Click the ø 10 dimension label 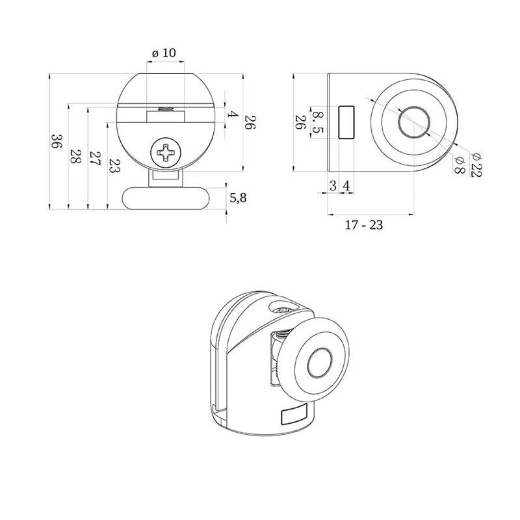pos(164,53)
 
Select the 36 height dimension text pos(57,142)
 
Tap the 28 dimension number pos(76,157)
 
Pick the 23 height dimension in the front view pos(115,166)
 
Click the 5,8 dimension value pos(238,198)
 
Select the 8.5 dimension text pos(318,122)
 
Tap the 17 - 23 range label pos(364,225)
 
